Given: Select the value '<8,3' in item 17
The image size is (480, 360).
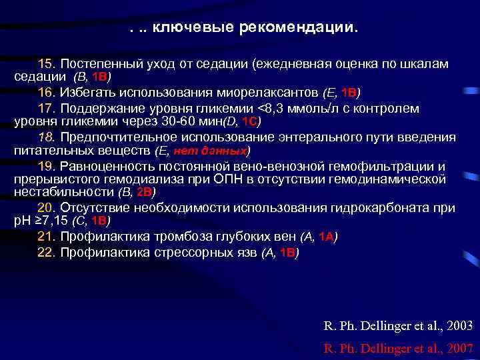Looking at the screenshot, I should (270, 108).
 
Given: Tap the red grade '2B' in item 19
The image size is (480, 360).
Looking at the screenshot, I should (145, 193).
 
